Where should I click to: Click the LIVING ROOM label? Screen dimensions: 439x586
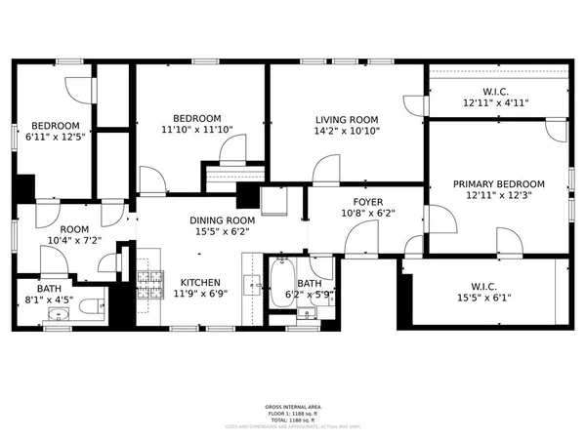click(347, 119)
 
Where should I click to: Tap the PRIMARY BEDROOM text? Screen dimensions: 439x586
click(498, 183)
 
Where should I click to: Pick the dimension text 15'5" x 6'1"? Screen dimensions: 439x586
click(485, 299)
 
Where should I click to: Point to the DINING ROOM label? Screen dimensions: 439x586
click(222, 220)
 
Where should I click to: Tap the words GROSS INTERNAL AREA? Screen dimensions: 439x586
click(292, 407)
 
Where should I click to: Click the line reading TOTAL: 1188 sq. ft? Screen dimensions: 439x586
click(292, 419)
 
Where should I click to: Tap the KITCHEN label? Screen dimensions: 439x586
click(199, 281)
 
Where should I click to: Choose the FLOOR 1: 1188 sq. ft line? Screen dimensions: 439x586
click(292, 413)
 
